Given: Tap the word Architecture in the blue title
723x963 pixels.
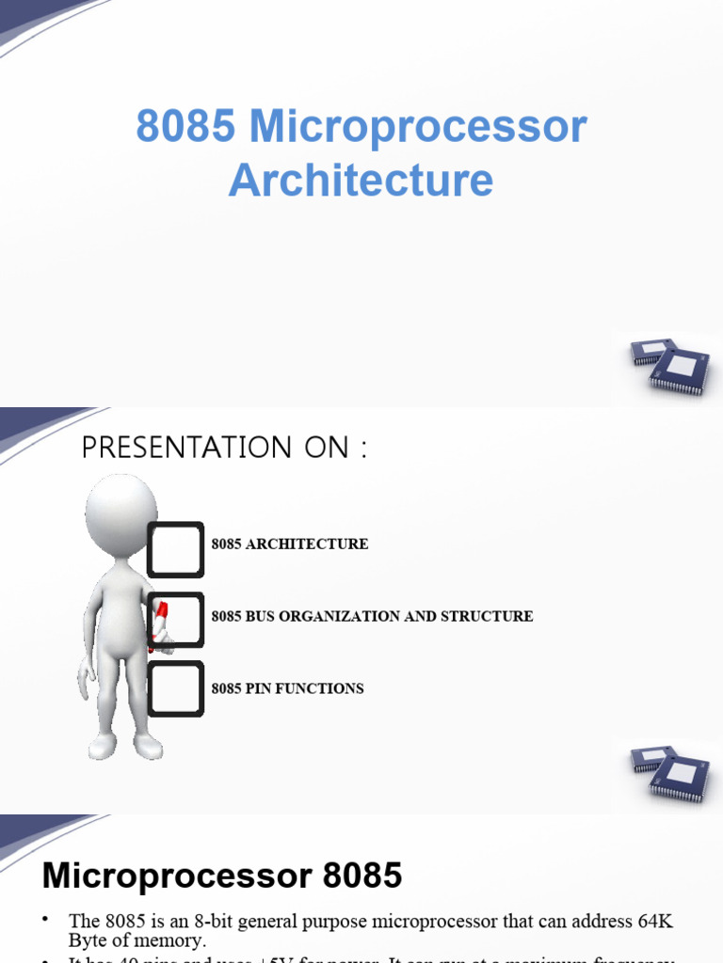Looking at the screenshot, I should pos(361,180).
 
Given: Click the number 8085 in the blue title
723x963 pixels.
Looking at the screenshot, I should pos(185,127).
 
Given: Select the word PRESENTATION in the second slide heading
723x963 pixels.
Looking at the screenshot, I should pos(188,448).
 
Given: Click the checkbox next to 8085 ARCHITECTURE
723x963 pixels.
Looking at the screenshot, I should pos(175,549).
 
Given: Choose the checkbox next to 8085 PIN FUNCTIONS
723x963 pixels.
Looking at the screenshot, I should pos(176,688).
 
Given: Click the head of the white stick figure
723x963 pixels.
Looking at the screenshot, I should pos(120,513).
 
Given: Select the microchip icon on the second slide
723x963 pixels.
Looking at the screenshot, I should pos(669,768).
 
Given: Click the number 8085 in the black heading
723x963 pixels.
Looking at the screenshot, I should pos(362,876).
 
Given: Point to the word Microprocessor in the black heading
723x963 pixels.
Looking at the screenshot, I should pos(176,876).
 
